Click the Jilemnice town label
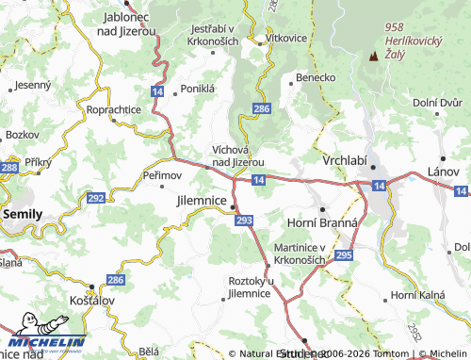pyautogui.click(x=202, y=202)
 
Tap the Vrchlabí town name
pyautogui.click(x=346, y=161)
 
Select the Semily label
pyautogui.click(x=23, y=214)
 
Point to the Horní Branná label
pyautogui.click(x=322, y=221)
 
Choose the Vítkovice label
pyautogui.click(x=286, y=37)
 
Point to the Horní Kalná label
pyautogui.click(x=418, y=296)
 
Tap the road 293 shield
pyautogui.click(x=245, y=220)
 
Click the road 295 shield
pyautogui.click(x=344, y=254)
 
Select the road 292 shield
pyautogui.click(x=95, y=198)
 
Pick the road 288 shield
pyautogui.click(x=9, y=167)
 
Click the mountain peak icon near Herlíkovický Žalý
pyautogui.click(x=374, y=56)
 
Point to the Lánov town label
pyautogui.click(x=444, y=172)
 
